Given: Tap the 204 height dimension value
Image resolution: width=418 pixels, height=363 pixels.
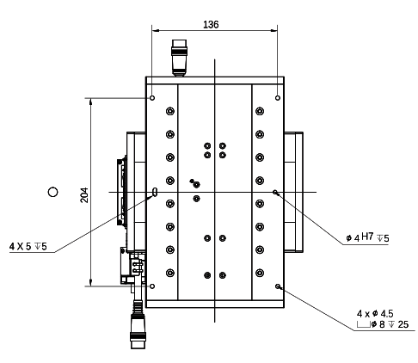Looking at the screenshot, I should click(x=84, y=194).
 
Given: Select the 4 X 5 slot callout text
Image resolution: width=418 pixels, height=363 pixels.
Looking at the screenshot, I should click(x=28, y=247).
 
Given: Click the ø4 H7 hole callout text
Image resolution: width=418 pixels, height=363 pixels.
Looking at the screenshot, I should click(x=367, y=237).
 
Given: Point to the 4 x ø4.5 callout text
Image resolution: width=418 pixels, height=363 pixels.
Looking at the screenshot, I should click(x=375, y=313).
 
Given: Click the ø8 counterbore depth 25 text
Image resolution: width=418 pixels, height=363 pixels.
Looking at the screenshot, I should click(x=384, y=325).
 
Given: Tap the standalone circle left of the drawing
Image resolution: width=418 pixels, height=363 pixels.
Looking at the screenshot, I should click(x=53, y=191).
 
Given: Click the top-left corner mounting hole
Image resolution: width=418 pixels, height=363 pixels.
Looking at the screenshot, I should click(x=152, y=98).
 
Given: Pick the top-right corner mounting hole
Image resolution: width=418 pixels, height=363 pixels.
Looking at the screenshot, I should click(x=276, y=98).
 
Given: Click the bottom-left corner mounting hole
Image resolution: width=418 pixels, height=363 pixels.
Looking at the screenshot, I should click(x=152, y=286).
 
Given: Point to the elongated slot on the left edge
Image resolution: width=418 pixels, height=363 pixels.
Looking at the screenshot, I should click(x=155, y=192).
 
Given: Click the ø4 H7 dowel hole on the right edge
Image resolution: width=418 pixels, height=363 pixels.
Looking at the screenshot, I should click(x=275, y=192).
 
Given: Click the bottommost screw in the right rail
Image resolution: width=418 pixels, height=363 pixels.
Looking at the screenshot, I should click(x=259, y=273).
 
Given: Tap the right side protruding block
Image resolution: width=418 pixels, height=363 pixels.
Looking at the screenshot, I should click(x=295, y=191).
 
